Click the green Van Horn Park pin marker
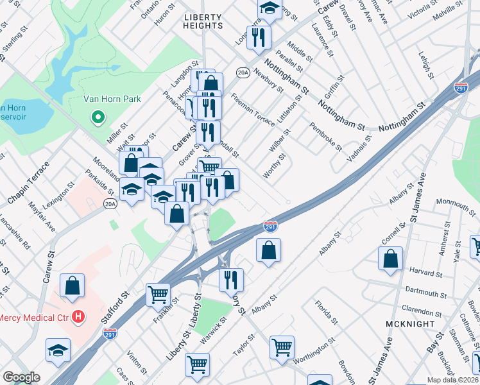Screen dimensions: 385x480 tap(98, 117)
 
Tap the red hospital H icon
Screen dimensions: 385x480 tap(78, 316)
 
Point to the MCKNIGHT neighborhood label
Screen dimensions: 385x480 tap(411, 324)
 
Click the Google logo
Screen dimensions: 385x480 tap(21, 377)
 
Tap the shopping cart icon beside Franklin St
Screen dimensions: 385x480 tap(158, 295)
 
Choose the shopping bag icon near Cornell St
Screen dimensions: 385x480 tap(390, 259)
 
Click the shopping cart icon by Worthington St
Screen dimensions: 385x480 tap(282, 347)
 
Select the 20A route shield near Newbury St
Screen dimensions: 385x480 tap(242, 73)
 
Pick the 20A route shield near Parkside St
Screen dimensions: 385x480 tap(110, 204)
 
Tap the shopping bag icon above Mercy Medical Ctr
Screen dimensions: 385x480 tap(73, 286)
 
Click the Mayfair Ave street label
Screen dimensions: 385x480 tap(42, 217)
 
